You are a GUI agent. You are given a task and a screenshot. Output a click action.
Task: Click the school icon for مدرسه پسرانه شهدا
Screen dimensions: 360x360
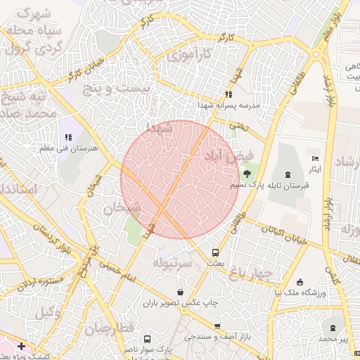[228, 94]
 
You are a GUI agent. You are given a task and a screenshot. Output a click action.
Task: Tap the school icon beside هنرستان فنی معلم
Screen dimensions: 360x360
[67, 138]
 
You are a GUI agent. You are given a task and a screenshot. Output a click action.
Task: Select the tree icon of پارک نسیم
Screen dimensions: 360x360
[246, 174]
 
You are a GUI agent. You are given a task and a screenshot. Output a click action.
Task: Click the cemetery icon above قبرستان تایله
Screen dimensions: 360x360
[288, 174]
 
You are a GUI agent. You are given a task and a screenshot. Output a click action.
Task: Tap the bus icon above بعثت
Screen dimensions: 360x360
[215, 252]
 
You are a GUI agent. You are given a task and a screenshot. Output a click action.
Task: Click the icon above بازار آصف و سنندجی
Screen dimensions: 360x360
[217, 326]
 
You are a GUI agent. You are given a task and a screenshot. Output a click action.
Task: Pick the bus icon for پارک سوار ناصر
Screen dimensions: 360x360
[147, 338]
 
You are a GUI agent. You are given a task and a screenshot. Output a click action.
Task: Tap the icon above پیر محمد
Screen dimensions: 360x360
[332, 328]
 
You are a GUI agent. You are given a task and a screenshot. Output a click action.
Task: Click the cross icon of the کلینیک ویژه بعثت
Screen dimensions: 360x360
[22, 346]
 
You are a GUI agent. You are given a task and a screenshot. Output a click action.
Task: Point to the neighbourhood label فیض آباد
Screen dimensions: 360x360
[224, 156]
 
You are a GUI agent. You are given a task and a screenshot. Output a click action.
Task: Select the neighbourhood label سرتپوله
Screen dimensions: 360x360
[172, 262]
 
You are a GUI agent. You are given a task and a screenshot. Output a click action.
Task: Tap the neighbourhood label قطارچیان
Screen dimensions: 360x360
[109, 328]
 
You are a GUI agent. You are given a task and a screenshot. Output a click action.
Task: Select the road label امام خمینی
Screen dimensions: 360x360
[113, 268]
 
